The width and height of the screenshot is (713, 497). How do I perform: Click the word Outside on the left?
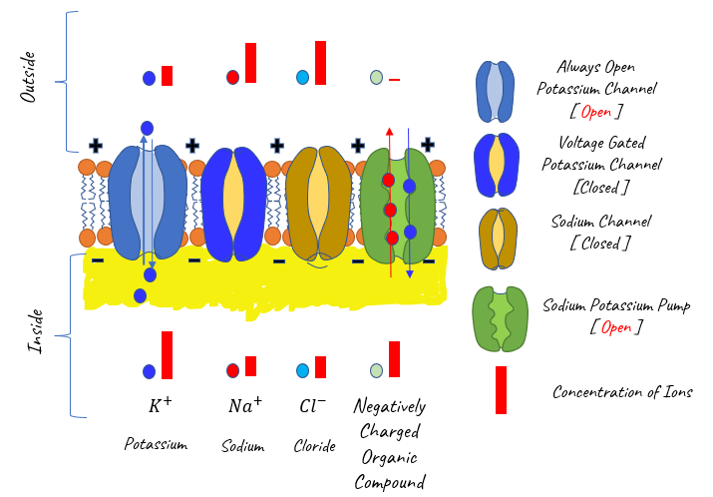tap(28, 77)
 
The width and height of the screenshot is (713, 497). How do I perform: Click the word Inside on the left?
tap(36, 331)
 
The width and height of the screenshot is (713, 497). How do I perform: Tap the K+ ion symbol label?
tap(161, 404)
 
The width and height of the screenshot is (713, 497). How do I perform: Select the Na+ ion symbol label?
tap(245, 404)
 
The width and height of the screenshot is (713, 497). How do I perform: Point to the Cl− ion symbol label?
tap(313, 404)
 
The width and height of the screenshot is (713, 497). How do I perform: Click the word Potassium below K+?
tap(156, 444)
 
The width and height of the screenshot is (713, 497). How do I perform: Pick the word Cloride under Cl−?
tap(315, 445)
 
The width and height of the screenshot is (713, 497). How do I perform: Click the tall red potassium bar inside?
tap(167, 355)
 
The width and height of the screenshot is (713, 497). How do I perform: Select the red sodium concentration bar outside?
tap(250, 63)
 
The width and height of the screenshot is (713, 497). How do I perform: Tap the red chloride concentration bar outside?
tap(320, 63)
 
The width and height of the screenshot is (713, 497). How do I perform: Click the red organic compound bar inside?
tap(394, 359)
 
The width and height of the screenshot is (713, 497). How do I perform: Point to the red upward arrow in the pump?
tap(390, 203)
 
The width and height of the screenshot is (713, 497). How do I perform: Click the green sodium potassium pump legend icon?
tap(501, 319)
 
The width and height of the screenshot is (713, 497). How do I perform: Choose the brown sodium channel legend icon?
tap(499, 239)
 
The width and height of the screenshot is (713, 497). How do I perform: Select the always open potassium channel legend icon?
tap(496, 91)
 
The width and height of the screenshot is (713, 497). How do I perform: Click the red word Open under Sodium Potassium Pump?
tap(616, 327)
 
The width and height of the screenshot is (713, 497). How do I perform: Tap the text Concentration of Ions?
tap(622, 392)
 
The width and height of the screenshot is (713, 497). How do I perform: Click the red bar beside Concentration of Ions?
tap(502, 390)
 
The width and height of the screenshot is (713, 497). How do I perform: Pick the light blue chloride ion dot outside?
tap(302, 78)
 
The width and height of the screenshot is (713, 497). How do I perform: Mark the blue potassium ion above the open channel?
tap(147, 129)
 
